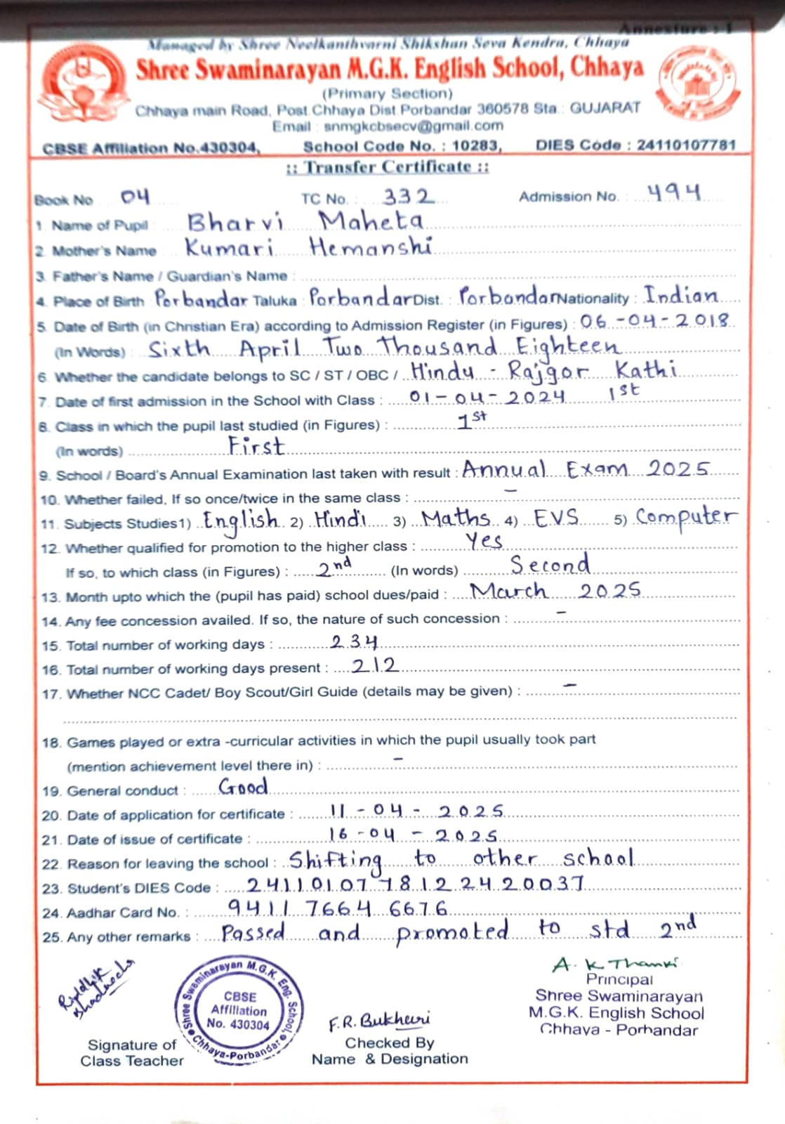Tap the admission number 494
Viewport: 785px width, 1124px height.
[x=673, y=192]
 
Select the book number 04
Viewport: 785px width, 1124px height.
[x=135, y=197]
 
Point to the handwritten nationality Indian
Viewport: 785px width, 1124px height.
[x=681, y=296]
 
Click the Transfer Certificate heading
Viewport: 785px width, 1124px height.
[x=388, y=167]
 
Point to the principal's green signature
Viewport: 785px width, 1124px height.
[x=615, y=964]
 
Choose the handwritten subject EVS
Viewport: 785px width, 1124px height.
[x=556, y=518]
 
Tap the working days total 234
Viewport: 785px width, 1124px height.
[x=354, y=641]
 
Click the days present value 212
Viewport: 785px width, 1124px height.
[x=375, y=665]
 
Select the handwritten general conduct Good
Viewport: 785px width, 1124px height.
[x=243, y=787]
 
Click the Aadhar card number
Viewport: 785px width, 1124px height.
[x=338, y=908]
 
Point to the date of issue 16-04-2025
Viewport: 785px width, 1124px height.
[x=413, y=835]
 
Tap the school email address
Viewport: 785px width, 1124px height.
[x=414, y=126]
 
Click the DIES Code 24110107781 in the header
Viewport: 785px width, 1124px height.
[x=686, y=145]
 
